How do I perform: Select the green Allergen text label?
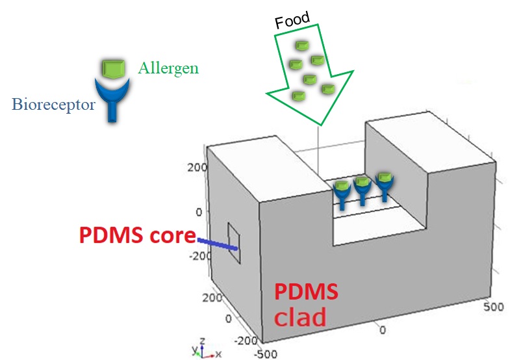tap(168, 68)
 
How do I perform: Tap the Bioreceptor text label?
tap(53, 103)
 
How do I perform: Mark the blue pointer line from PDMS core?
tap(218, 244)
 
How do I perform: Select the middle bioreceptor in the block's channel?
tap(363, 190)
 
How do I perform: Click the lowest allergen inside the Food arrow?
tap(298, 96)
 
